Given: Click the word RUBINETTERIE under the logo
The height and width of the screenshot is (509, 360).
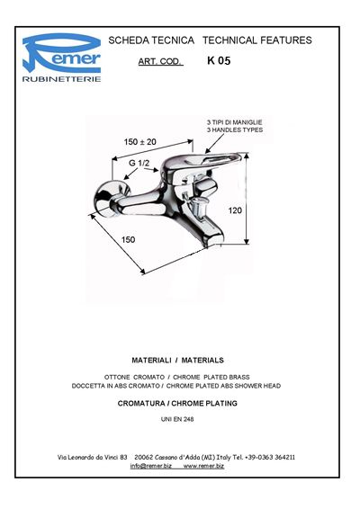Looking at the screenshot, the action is pyautogui.click(x=61, y=79).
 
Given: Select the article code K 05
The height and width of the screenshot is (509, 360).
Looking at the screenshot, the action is pyautogui.click(x=219, y=61).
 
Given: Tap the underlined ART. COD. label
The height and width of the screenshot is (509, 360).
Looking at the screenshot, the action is pyautogui.click(x=160, y=61).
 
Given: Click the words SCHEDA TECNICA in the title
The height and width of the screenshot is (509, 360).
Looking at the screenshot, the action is pyautogui.click(x=151, y=40).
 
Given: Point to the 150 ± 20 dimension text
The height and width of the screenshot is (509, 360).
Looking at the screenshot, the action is pyautogui.click(x=139, y=141).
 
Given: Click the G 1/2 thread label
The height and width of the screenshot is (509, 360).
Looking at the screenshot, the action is pyautogui.click(x=139, y=163).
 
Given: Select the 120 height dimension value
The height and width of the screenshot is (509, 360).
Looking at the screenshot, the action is pyautogui.click(x=235, y=210).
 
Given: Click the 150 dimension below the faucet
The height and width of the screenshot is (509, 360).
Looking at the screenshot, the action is pyautogui.click(x=128, y=239).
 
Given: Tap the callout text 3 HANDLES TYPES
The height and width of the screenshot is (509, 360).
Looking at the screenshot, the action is pyautogui.click(x=235, y=129).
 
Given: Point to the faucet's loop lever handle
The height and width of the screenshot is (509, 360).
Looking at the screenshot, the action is pyautogui.click(x=204, y=161).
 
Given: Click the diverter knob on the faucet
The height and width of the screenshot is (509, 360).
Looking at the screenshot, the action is pyautogui.click(x=196, y=207).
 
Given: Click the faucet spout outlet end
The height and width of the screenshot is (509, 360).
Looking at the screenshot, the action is pyautogui.click(x=211, y=240).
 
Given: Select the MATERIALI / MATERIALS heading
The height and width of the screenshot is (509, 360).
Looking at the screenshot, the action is pyautogui.click(x=177, y=360).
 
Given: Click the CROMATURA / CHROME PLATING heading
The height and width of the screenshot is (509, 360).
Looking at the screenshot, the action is pyautogui.click(x=177, y=403).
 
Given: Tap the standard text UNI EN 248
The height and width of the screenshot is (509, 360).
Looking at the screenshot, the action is pyautogui.click(x=177, y=419).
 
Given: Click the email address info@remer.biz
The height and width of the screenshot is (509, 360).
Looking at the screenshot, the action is pyautogui.click(x=151, y=466).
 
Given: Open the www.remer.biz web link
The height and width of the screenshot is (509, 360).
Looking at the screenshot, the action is pyautogui.click(x=203, y=466).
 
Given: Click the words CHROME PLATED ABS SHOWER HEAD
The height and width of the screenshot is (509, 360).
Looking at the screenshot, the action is pyautogui.click(x=223, y=386).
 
